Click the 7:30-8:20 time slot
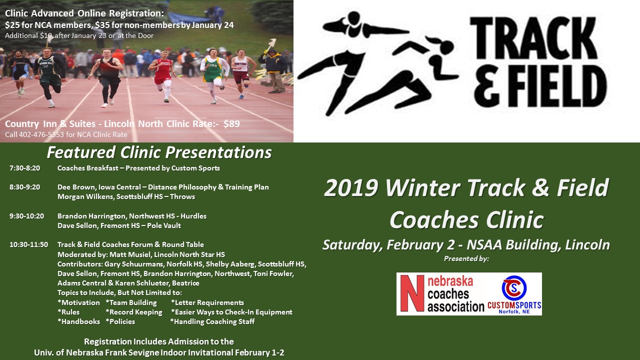coord(25,168)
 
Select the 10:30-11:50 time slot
coord(29,244)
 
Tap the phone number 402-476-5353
coord(41,134)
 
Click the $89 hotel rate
coord(231,123)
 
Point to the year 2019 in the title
coord(351,187)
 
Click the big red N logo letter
coord(412,293)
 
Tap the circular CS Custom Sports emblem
coord(514,288)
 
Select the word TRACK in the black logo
coord(533,37)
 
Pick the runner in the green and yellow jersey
coord(214,75)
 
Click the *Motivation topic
coord(78,302)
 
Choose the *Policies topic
coord(120,321)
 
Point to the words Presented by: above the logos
coord(466,259)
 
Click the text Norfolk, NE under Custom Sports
coord(514,311)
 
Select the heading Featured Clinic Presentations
coord(159,152)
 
